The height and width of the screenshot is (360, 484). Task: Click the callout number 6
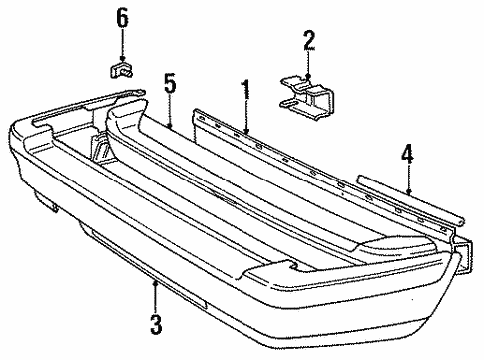point(122,17)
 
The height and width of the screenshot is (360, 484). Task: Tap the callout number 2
point(309,40)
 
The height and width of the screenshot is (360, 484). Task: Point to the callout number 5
point(171,83)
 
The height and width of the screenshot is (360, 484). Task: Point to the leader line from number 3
point(155,296)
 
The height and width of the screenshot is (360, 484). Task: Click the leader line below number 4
point(408,179)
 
